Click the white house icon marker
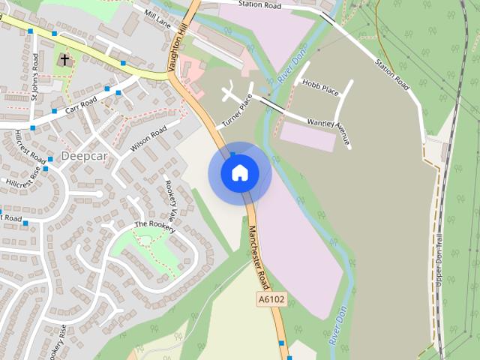coord(239,173)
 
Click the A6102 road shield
coord(271,298)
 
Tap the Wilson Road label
coord(148,139)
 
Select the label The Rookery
coord(154,226)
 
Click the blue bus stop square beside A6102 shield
coord(282,343)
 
